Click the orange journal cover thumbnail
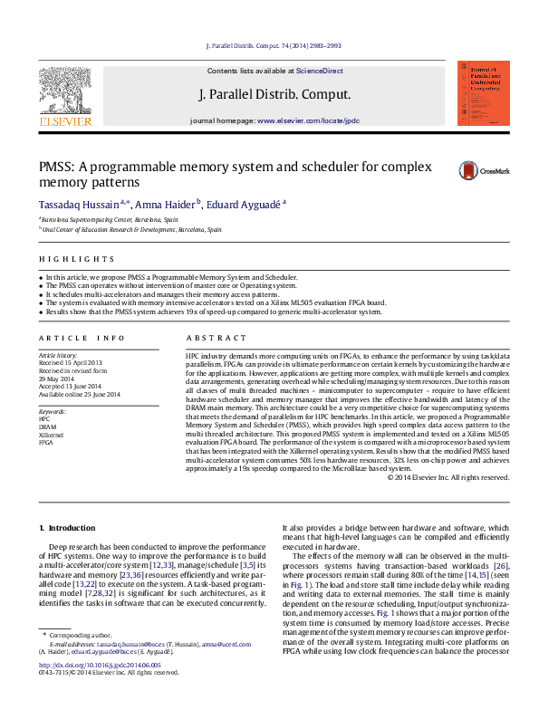pos(483,92)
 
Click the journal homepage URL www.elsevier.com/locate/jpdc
pos(308,120)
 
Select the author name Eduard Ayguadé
pos(243,205)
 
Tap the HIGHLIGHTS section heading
pos(64,259)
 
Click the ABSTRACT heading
pos(205,338)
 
